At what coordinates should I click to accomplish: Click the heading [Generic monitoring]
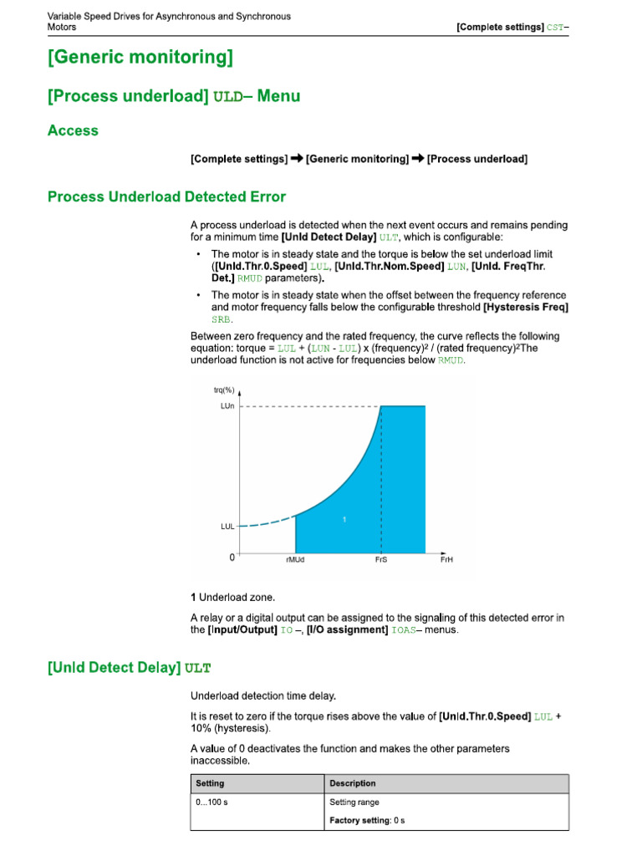140,58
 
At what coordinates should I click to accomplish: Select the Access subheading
73,130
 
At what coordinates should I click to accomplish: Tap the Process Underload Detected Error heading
166,197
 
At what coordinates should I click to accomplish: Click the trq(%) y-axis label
224,390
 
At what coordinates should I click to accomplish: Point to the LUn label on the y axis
227,406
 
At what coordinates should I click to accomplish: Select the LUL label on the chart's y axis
227,527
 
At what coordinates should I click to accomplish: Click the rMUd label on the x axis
295,560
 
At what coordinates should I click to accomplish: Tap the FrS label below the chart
381,560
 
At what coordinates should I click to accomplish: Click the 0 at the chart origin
232,557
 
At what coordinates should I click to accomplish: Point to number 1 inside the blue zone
344,520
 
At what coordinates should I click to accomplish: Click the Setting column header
210,783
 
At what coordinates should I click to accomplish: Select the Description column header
353,783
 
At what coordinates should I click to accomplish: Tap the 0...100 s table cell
212,802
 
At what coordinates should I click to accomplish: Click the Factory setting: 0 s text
367,821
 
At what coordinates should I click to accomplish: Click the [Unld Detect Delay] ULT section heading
130,667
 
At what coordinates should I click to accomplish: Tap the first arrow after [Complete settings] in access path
297,159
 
